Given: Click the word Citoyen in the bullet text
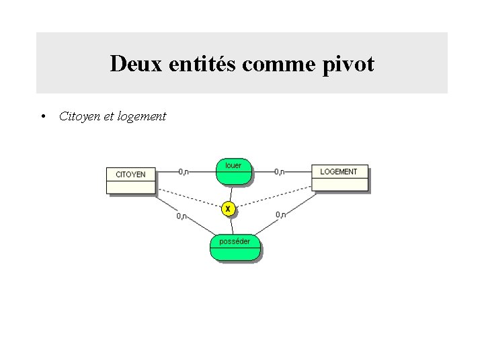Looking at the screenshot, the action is (79, 116).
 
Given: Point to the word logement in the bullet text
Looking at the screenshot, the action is (141, 116).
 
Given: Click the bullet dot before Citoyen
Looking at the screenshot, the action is (42, 116).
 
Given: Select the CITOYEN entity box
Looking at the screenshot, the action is (130, 179).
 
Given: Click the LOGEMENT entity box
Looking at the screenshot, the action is (339, 177).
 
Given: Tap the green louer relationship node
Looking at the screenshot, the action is (233, 171).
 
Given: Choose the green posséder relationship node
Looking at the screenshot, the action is (235, 247).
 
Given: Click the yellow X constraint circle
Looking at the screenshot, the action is (228, 209).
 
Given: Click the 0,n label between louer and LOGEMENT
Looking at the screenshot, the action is (280, 171).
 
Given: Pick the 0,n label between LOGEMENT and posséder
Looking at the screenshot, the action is (281, 214).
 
